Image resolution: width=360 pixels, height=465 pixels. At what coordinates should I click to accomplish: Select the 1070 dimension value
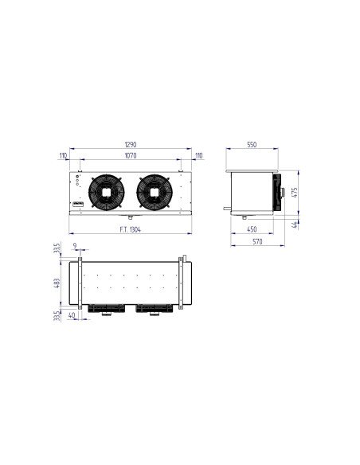tap(131, 156)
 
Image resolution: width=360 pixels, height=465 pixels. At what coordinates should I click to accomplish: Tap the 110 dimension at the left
tap(63, 156)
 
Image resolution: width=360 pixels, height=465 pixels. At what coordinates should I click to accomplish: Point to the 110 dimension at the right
tap(198, 156)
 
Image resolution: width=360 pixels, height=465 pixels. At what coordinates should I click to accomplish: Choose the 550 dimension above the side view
tap(251, 146)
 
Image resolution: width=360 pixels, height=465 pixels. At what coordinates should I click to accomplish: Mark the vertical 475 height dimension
tap(294, 191)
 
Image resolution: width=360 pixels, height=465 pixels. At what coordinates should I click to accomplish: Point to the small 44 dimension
tap(294, 224)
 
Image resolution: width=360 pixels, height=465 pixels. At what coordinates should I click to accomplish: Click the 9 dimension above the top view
tap(74, 246)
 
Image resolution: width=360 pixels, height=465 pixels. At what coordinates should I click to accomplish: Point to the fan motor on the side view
tap(279, 190)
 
